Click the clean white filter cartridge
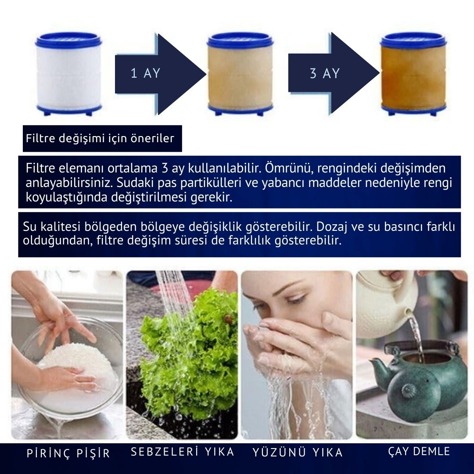(68, 75)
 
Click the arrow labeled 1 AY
(158, 73)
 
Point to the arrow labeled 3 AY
(331, 73)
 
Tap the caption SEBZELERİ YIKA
(182, 452)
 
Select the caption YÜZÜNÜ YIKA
(297, 452)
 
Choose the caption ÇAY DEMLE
(419, 451)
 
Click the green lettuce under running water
(193, 351)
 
